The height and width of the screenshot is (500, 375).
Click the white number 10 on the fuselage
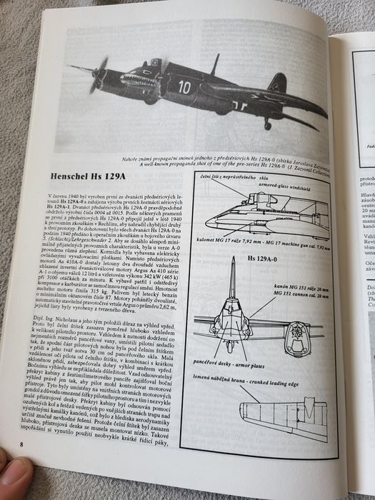tap(185, 87)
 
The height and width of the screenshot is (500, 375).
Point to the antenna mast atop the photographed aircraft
tap(214, 64)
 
